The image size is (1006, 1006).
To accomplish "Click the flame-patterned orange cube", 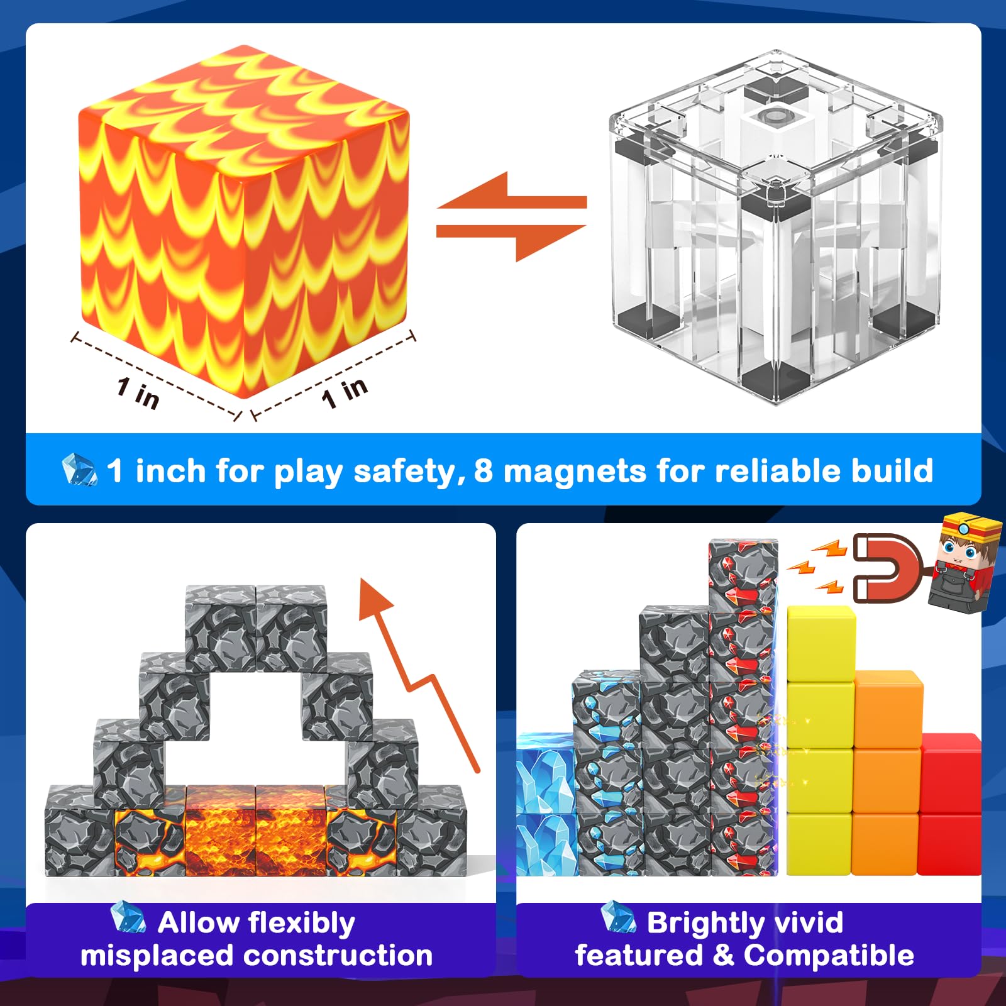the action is [x=244, y=220].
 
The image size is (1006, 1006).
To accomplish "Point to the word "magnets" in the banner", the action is [x=575, y=472].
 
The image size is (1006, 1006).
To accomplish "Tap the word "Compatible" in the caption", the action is [x=829, y=956].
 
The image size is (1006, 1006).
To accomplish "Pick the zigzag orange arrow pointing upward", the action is [x=417, y=675].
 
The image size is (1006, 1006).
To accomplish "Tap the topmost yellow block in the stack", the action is [x=821, y=644].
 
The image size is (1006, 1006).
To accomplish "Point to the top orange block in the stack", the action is [x=888, y=709].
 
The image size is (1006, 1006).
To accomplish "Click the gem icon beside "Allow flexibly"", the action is [x=128, y=917].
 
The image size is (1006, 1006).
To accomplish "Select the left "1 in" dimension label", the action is [x=138, y=394].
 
